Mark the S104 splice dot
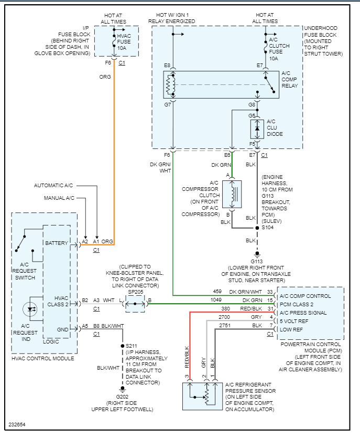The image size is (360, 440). pyautogui.click(x=257, y=229)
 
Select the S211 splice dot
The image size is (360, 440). pyautogui.click(x=122, y=346)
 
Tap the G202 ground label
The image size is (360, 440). pyautogui.click(x=122, y=396)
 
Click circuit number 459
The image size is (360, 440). pyautogui.click(x=217, y=292)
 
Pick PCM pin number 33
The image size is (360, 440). pyautogui.click(x=270, y=292)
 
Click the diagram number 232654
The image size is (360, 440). pyautogui.click(x=16, y=424)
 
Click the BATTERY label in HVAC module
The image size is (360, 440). pyautogui.click(x=57, y=243)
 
